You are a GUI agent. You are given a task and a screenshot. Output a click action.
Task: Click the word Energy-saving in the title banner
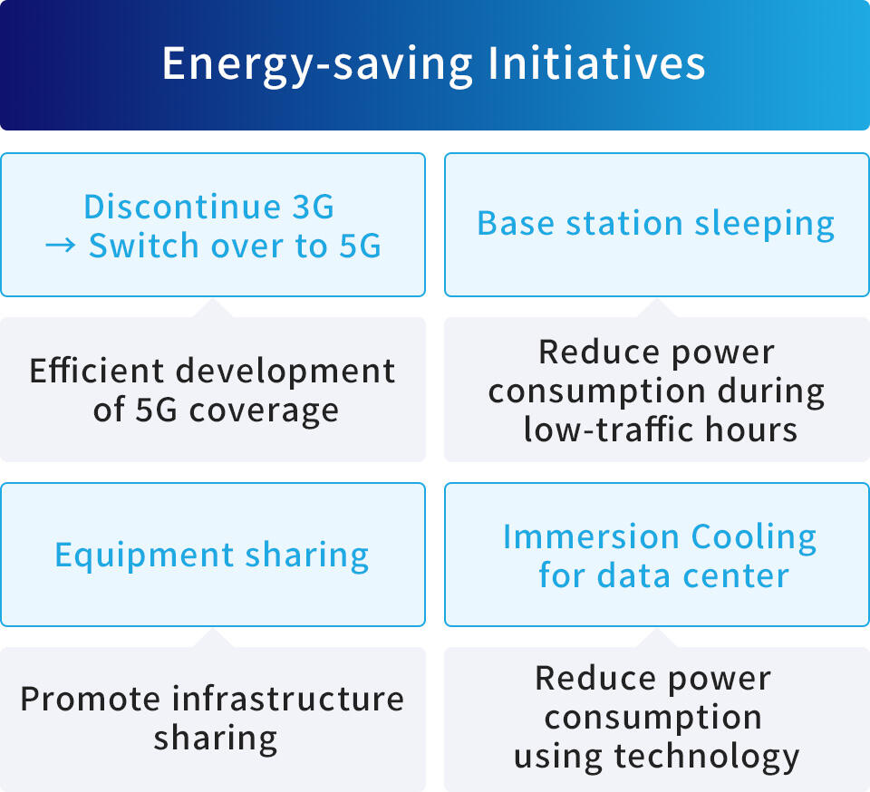point(317,65)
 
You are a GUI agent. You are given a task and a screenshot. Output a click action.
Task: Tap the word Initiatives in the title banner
point(596,65)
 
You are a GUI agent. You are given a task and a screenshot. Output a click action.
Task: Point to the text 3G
point(314,207)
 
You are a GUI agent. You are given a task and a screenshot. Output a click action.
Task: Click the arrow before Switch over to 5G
point(61,246)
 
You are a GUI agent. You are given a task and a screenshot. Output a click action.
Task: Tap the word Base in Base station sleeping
point(514,224)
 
